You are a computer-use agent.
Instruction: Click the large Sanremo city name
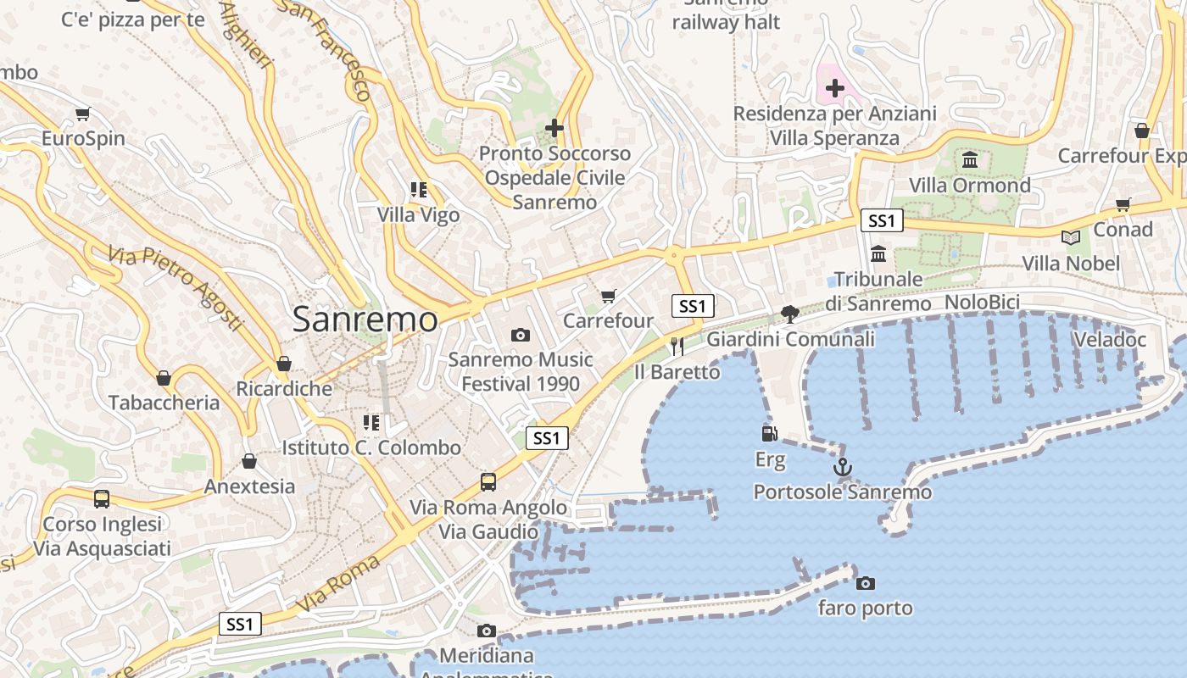click(365, 320)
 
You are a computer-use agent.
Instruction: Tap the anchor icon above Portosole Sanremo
click(842, 467)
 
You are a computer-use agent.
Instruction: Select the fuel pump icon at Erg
click(769, 434)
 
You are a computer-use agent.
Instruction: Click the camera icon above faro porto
click(865, 583)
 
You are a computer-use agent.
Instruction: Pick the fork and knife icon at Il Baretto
click(677, 347)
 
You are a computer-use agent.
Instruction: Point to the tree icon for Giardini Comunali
click(790, 314)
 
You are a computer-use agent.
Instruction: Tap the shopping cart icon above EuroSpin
click(82, 114)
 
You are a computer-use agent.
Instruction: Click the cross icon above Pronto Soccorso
click(554, 128)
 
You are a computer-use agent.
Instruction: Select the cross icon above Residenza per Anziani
click(835, 87)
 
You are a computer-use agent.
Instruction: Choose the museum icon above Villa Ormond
click(970, 159)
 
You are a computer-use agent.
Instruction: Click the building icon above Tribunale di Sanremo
click(878, 253)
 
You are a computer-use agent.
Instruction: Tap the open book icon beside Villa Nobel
click(1070, 237)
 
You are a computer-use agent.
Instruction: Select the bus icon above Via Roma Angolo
click(488, 482)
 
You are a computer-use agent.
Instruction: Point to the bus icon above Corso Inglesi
click(102, 499)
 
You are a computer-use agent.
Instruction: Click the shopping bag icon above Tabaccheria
click(164, 378)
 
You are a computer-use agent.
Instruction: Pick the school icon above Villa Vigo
click(418, 189)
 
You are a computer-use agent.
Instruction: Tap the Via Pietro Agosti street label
click(176, 288)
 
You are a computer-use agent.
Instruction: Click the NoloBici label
click(982, 303)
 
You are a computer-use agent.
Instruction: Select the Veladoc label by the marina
click(1109, 340)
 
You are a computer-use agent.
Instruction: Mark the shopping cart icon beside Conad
click(1123, 204)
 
